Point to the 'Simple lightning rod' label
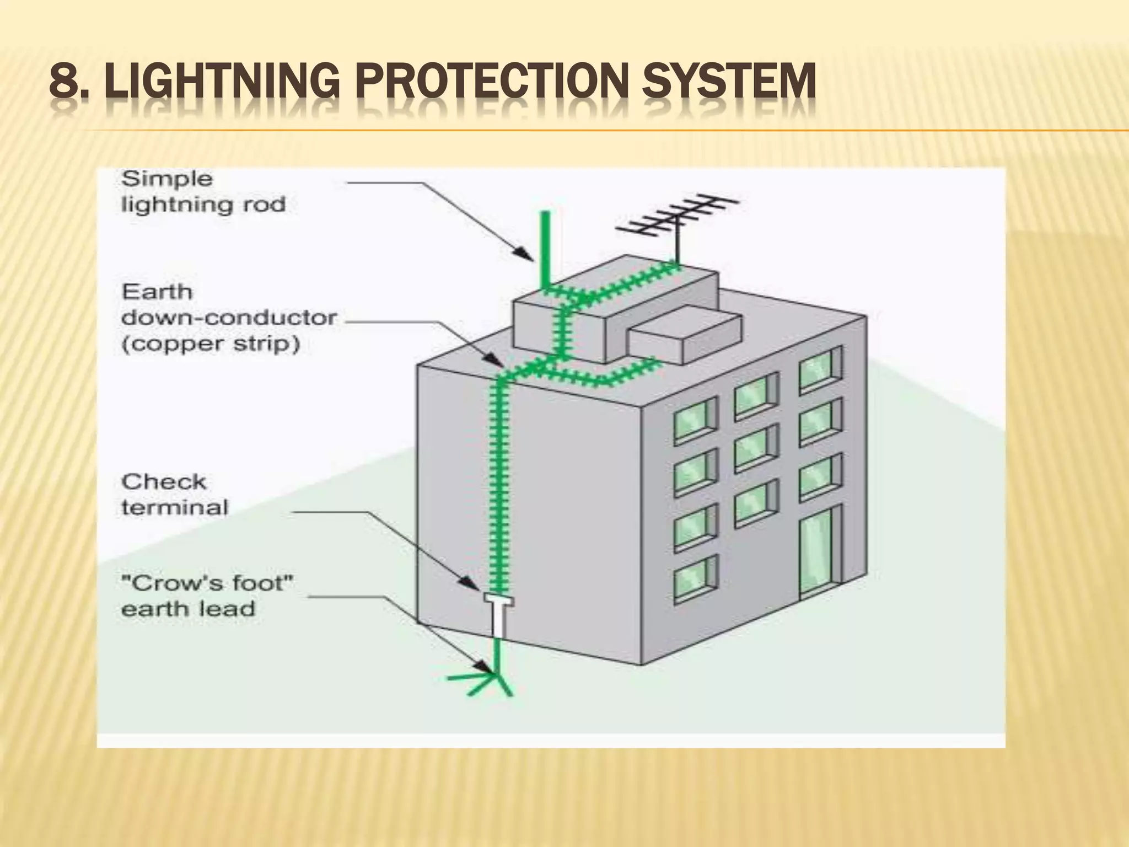click(203, 191)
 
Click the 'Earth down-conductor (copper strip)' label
click(228, 318)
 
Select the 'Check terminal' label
click(174, 494)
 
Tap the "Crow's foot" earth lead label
click(207, 596)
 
